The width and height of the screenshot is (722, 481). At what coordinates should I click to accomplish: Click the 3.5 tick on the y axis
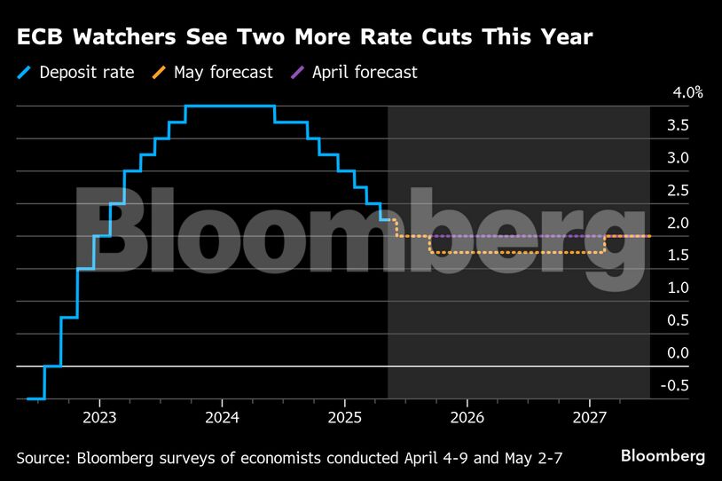tap(679, 126)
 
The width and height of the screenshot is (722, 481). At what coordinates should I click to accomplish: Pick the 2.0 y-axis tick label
tap(679, 224)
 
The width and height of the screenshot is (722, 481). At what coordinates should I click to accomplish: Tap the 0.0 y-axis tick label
tap(679, 353)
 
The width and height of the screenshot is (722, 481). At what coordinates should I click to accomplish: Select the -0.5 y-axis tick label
tap(676, 385)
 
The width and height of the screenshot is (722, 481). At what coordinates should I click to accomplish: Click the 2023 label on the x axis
tap(98, 417)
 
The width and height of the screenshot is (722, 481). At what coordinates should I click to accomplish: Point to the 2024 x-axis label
tap(222, 417)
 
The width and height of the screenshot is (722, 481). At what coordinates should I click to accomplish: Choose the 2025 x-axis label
tap(345, 417)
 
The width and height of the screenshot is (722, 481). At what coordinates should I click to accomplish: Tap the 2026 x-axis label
tap(467, 417)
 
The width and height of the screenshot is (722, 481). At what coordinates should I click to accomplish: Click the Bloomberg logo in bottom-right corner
tap(663, 456)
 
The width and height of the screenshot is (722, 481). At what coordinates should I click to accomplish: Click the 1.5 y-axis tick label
tap(679, 256)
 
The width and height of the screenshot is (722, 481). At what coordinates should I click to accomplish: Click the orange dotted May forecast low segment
tap(514, 253)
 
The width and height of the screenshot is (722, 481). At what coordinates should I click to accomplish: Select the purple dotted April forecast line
tap(514, 236)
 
